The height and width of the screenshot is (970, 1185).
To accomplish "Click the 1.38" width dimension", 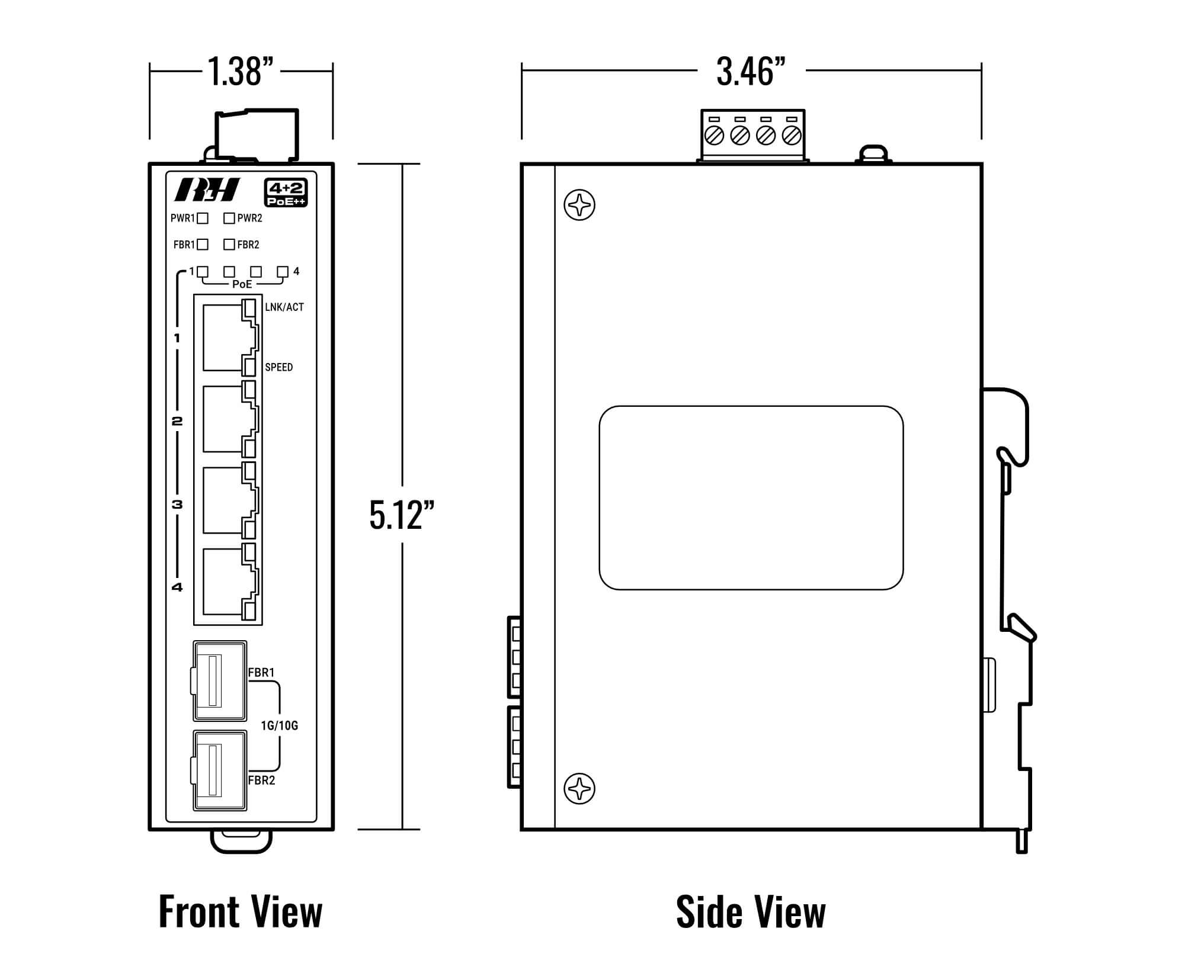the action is point(241,72).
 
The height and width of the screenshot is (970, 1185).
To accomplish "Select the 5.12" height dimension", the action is point(402,514).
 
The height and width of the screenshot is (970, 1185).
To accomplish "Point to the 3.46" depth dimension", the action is point(751,72).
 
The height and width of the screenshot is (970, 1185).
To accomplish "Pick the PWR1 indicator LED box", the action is point(203,219).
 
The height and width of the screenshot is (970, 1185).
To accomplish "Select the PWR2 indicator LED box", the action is point(229,219).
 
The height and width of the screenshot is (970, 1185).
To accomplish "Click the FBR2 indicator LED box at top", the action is point(229,245).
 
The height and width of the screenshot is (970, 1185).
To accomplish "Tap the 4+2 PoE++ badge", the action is point(286,193).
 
